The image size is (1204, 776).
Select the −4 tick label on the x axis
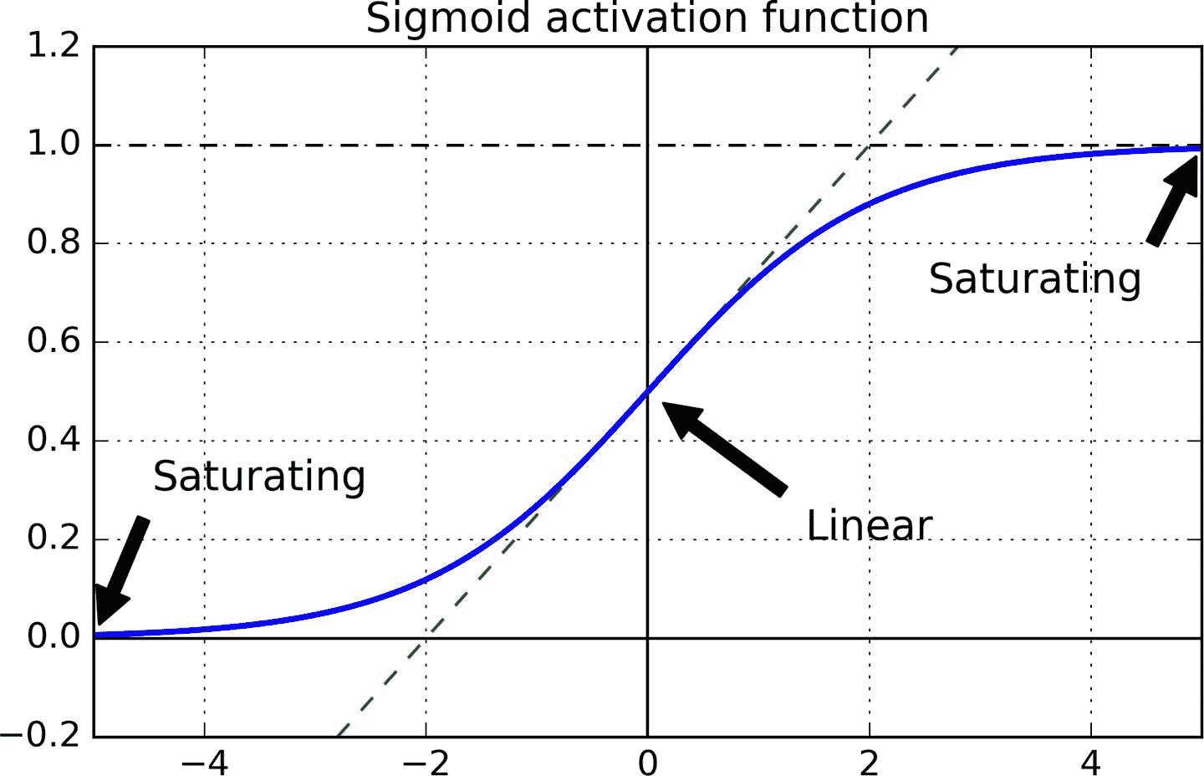coord(204,762)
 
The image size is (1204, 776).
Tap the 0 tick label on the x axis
coord(647,762)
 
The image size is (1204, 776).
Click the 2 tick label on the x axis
coord(870,762)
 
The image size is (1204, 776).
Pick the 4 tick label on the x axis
coord(1091,762)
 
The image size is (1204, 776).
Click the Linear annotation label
coord(869,526)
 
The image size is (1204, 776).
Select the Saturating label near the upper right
coord(1034,279)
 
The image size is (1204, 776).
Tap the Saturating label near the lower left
coord(259,477)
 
